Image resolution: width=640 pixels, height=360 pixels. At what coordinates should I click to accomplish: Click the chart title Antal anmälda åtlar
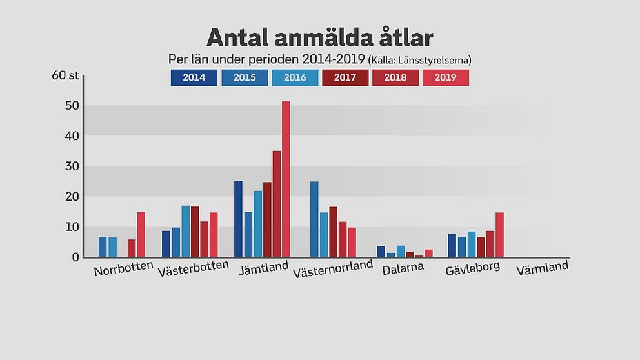click(319, 37)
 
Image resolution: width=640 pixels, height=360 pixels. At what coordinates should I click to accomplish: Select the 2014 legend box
click(194, 78)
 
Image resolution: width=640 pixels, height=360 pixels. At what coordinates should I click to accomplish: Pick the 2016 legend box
click(294, 78)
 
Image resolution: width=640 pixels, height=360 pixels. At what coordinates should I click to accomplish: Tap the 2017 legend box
click(345, 78)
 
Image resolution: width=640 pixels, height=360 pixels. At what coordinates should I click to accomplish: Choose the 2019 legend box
click(445, 78)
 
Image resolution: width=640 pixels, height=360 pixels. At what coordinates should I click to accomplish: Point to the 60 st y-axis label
click(65, 75)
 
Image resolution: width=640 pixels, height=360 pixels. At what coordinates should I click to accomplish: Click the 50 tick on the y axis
click(72, 106)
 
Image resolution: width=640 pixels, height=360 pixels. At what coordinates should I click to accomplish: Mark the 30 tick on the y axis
click(72, 166)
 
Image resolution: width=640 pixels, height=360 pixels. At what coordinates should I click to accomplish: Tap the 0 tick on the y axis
click(75, 257)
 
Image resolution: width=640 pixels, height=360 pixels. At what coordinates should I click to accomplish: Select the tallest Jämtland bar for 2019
click(286, 179)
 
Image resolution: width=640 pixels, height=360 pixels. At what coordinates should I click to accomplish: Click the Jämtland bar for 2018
click(276, 204)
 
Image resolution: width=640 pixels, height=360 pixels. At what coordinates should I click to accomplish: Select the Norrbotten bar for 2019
click(141, 235)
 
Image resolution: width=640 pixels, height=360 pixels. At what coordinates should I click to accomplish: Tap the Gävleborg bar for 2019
click(499, 235)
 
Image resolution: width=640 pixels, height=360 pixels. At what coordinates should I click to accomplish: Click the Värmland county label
click(542, 266)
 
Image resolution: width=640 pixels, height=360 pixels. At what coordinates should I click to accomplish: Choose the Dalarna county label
click(403, 268)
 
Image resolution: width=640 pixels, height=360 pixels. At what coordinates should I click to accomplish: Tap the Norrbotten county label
click(123, 268)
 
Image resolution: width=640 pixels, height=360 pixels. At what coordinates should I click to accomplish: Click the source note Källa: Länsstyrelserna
click(419, 60)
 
